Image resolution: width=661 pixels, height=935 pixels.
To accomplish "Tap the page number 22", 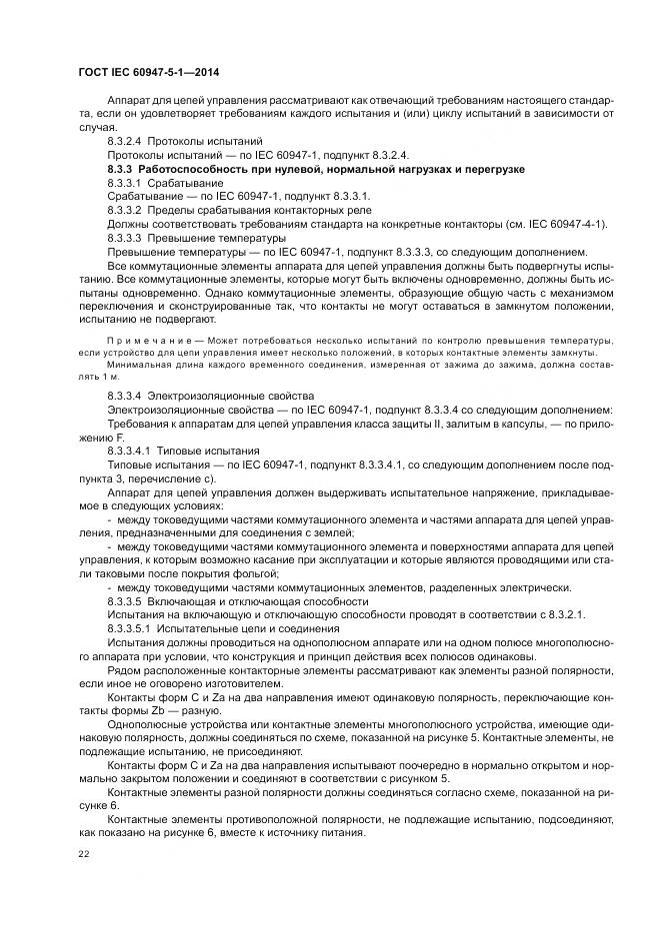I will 83,856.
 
